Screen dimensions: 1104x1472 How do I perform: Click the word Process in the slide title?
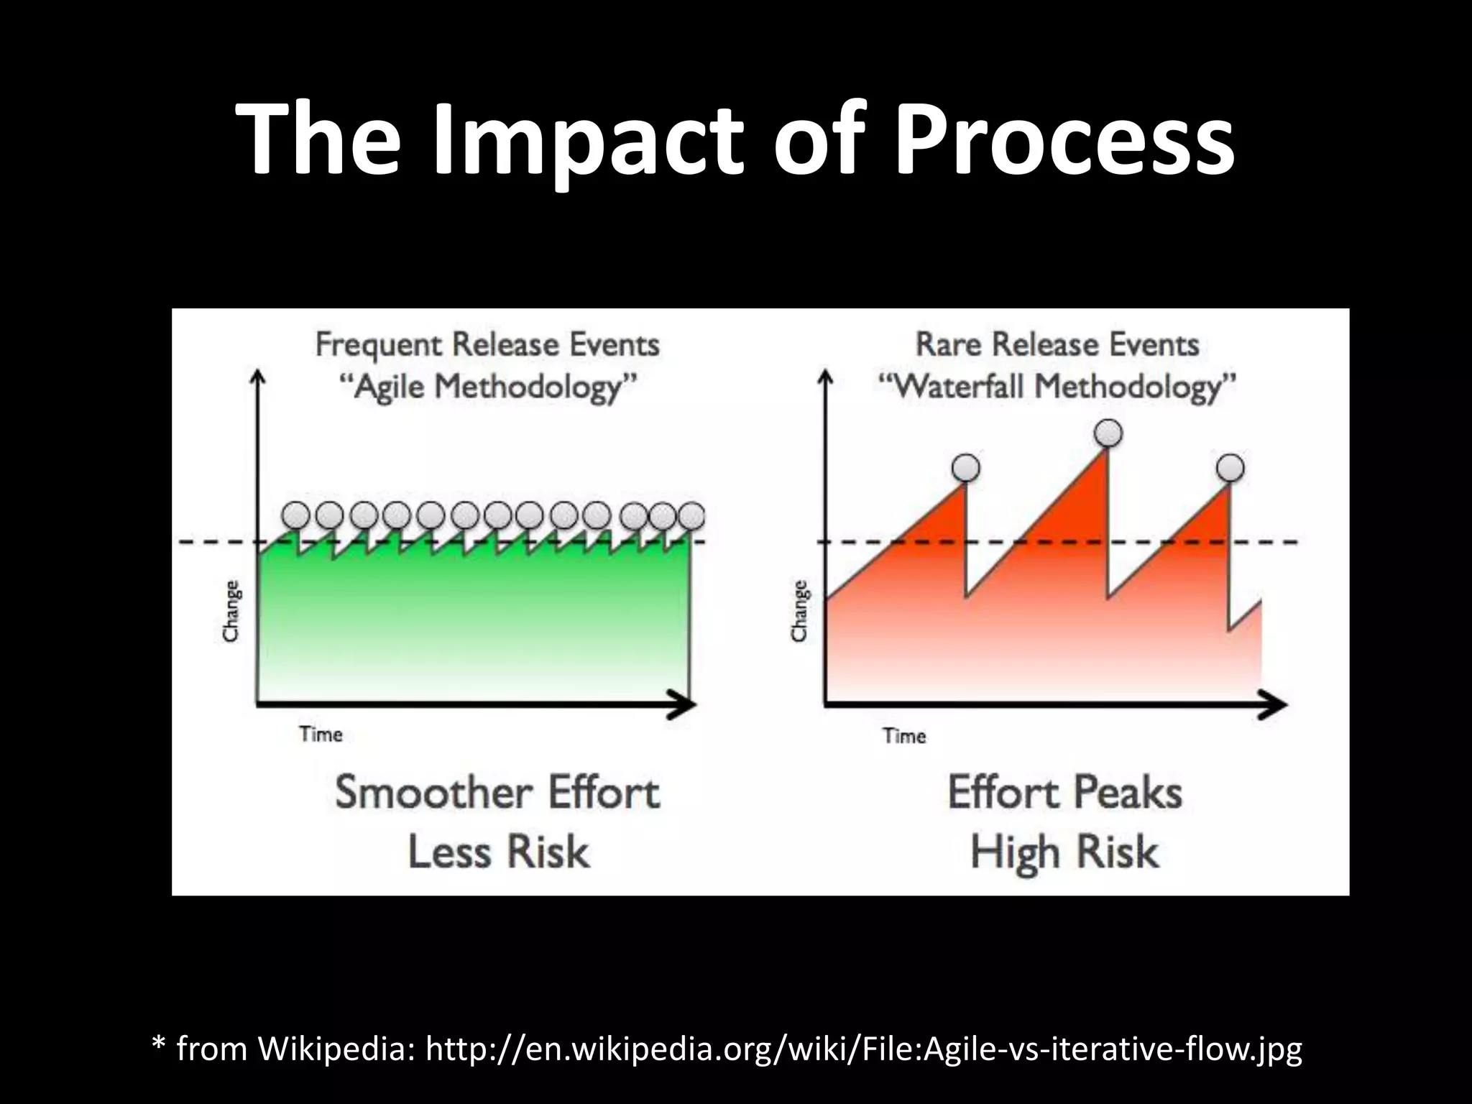tap(1064, 140)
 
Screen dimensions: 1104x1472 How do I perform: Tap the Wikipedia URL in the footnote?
tap(863, 1049)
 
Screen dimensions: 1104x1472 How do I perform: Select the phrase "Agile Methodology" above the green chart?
tap(487, 388)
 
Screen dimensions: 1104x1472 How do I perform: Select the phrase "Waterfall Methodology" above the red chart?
tap(1057, 388)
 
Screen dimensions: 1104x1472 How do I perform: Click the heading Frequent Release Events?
tap(487, 345)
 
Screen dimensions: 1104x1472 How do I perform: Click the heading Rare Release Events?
tap(1057, 345)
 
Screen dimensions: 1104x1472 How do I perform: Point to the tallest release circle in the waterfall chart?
tap(1108, 433)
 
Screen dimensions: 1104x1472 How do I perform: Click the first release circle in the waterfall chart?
tap(965, 468)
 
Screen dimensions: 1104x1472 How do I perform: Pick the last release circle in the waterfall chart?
tap(1230, 468)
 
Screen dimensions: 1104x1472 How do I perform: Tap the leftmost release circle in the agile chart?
tap(295, 515)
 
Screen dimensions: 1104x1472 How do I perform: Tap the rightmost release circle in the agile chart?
tap(691, 515)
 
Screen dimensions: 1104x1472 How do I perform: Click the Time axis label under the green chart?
tap(321, 735)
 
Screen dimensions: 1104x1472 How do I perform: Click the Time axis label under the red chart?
tap(904, 736)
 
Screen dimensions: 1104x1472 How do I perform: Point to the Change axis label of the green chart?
tap(231, 611)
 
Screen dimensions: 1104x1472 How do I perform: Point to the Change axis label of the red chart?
tap(799, 611)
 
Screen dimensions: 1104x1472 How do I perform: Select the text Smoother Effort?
tap(497, 793)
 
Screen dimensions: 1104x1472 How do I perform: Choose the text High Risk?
tap(1064, 852)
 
